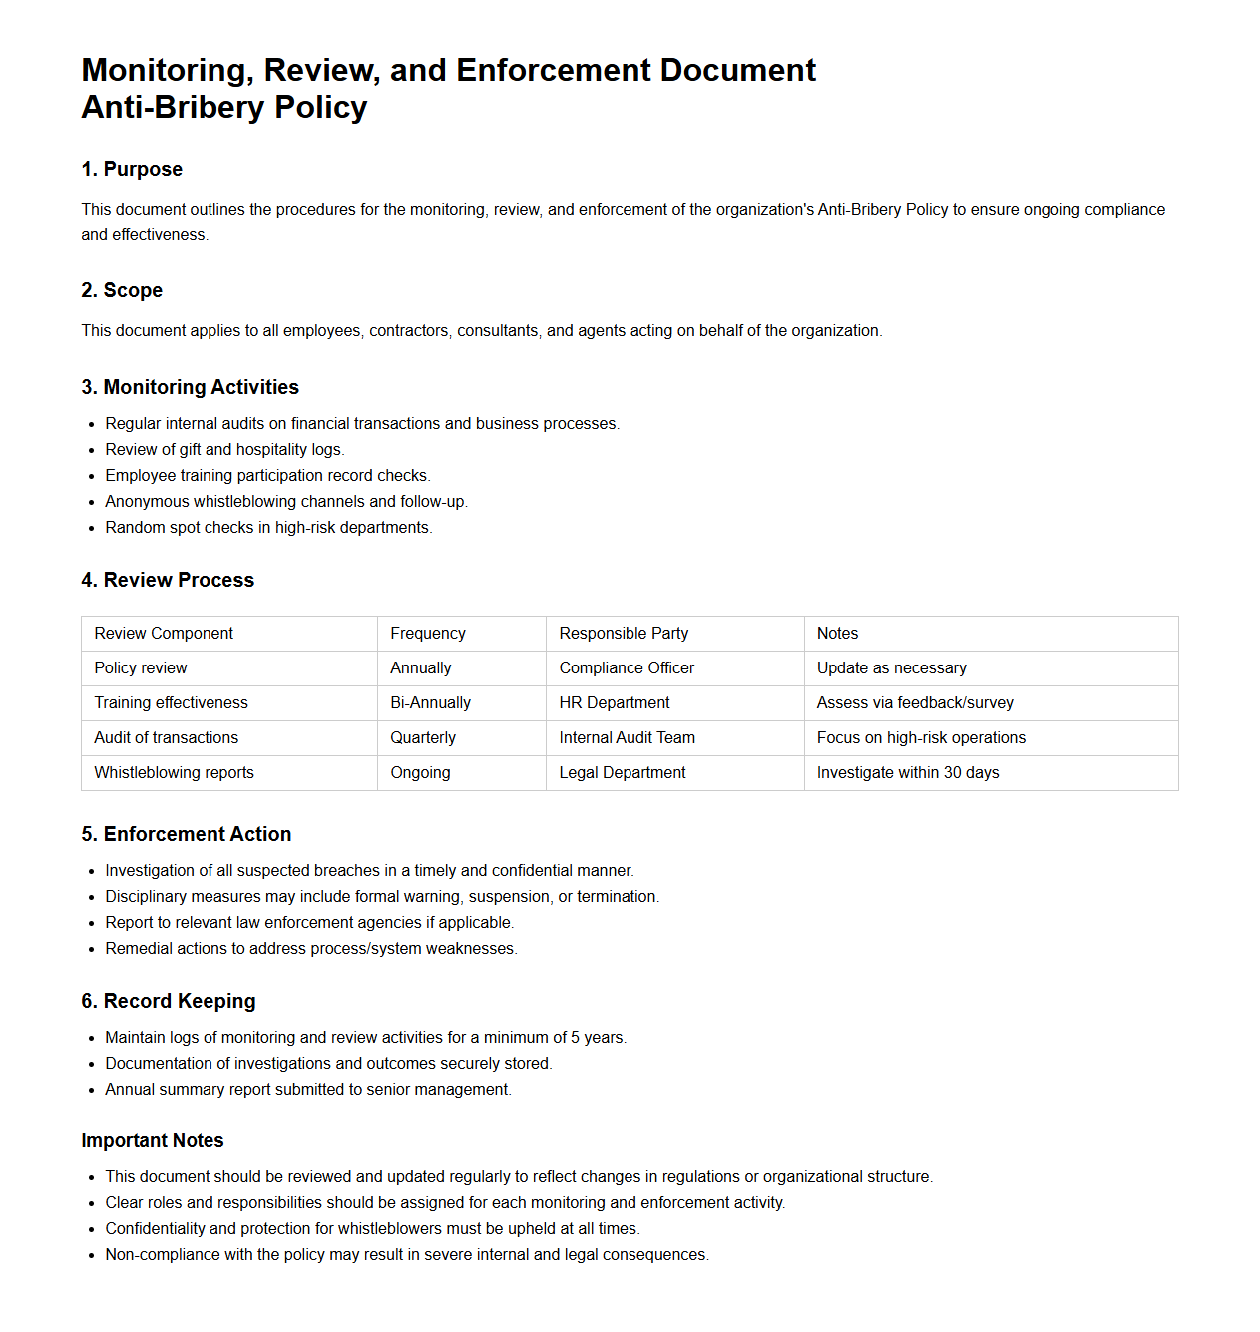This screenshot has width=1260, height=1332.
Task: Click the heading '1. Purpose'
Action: [x=132, y=169]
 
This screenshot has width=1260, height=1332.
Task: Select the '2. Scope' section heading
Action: [x=122, y=290]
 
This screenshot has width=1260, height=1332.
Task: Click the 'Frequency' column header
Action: [x=428, y=633]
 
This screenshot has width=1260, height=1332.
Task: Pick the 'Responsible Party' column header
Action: [x=624, y=633]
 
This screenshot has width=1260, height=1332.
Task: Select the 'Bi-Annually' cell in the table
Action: [x=430, y=702]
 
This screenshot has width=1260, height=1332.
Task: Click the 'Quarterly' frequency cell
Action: [x=423, y=737]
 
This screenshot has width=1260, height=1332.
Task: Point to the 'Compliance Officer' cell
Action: [x=627, y=667]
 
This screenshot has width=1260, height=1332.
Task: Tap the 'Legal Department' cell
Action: [x=623, y=772]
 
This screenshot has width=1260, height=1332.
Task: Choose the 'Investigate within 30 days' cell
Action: [x=908, y=772]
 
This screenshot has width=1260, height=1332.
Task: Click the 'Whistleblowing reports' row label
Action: [x=174, y=772]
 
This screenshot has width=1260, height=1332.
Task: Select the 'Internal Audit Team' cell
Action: [x=627, y=737]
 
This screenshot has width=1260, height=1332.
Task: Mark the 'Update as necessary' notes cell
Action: [x=892, y=667]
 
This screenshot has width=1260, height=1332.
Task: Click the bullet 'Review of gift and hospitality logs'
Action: [x=224, y=449]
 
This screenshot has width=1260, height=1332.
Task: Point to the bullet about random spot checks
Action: [x=268, y=527]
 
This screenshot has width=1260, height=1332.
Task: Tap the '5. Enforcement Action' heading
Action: [x=187, y=834]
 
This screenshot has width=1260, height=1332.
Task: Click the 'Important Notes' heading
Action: [x=153, y=1140]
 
